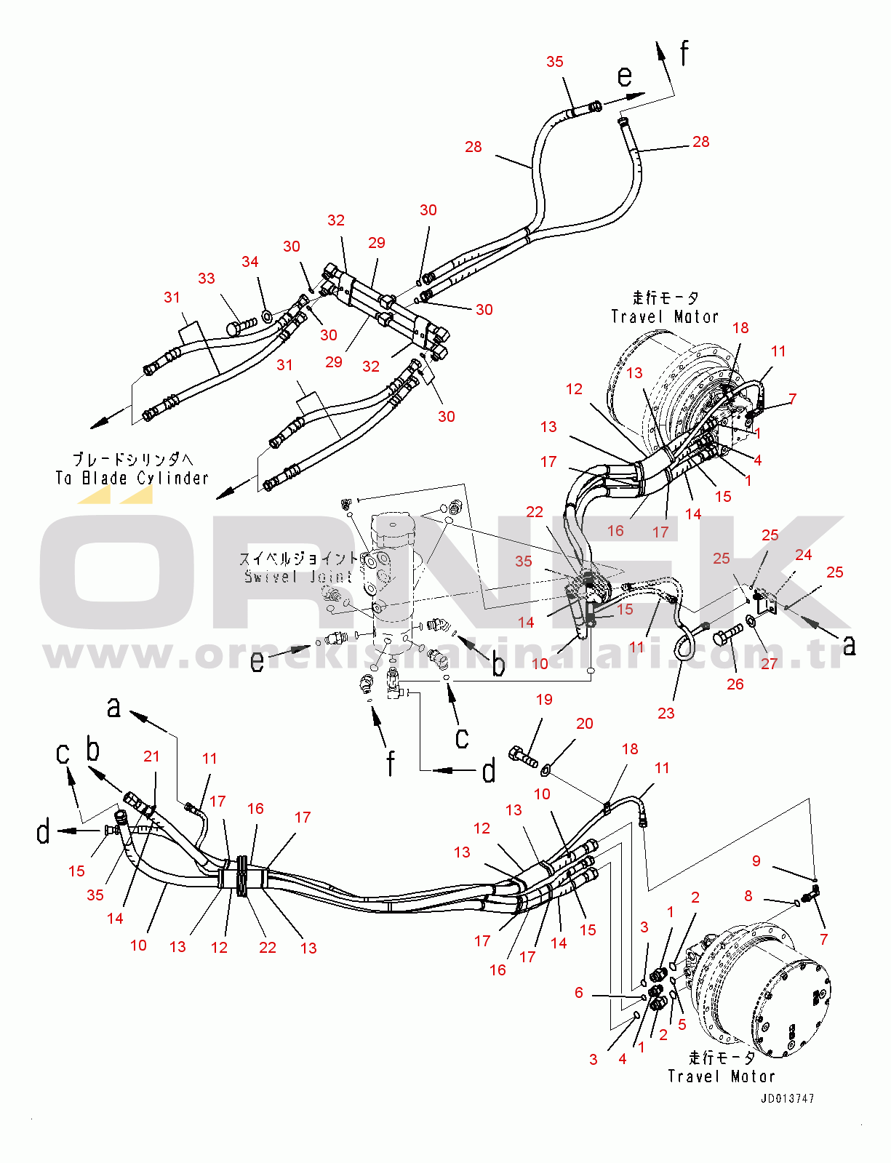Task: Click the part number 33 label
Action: [x=207, y=279]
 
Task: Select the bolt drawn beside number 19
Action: [x=524, y=756]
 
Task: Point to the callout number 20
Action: [x=585, y=724]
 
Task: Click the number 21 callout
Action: [x=151, y=756]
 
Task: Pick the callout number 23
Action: [x=666, y=714]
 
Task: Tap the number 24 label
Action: [x=803, y=555]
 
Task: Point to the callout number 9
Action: [x=756, y=861]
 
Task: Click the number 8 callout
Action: [x=748, y=896]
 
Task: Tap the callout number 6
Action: [x=579, y=993]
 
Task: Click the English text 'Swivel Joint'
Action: [x=298, y=577]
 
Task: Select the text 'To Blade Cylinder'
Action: [x=132, y=478]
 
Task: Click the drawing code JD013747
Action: [x=788, y=1099]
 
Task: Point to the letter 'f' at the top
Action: [x=684, y=52]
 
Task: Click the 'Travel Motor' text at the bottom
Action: [x=722, y=1076]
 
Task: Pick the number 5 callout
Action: [x=682, y=1025]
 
